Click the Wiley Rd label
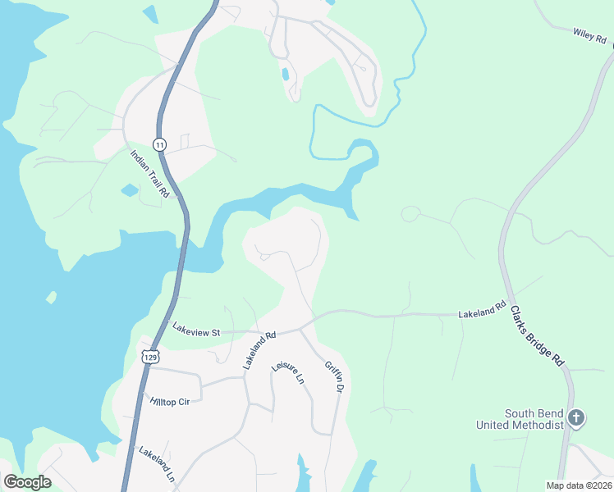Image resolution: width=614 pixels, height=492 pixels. pyautogui.click(x=589, y=35)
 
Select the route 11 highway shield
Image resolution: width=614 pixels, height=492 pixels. pyautogui.click(x=159, y=144)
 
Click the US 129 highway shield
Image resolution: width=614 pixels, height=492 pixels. pyautogui.click(x=149, y=357)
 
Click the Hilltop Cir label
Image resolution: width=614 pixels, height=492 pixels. pyautogui.click(x=170, y=402)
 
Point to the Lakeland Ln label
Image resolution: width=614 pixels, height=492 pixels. pyautogui.click(x=157, y=463)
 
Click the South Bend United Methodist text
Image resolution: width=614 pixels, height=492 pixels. pyautogui.click(x=522, y=419)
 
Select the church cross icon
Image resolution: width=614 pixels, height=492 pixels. pyautogui.click(x=576, y=418)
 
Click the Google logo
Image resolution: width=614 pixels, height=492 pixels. pyautogui.click(x=27, y=482)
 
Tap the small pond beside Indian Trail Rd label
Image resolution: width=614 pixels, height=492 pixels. pyautogui.click(x=130, y=190)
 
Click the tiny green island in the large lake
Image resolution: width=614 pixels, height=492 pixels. pyautogui.click(x=52, y=297)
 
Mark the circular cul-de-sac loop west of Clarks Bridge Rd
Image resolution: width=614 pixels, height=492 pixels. pyautogui.click(x=410, y=215)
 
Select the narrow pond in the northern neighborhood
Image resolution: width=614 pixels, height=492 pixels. pyautogui.click(x=285, y=74)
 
